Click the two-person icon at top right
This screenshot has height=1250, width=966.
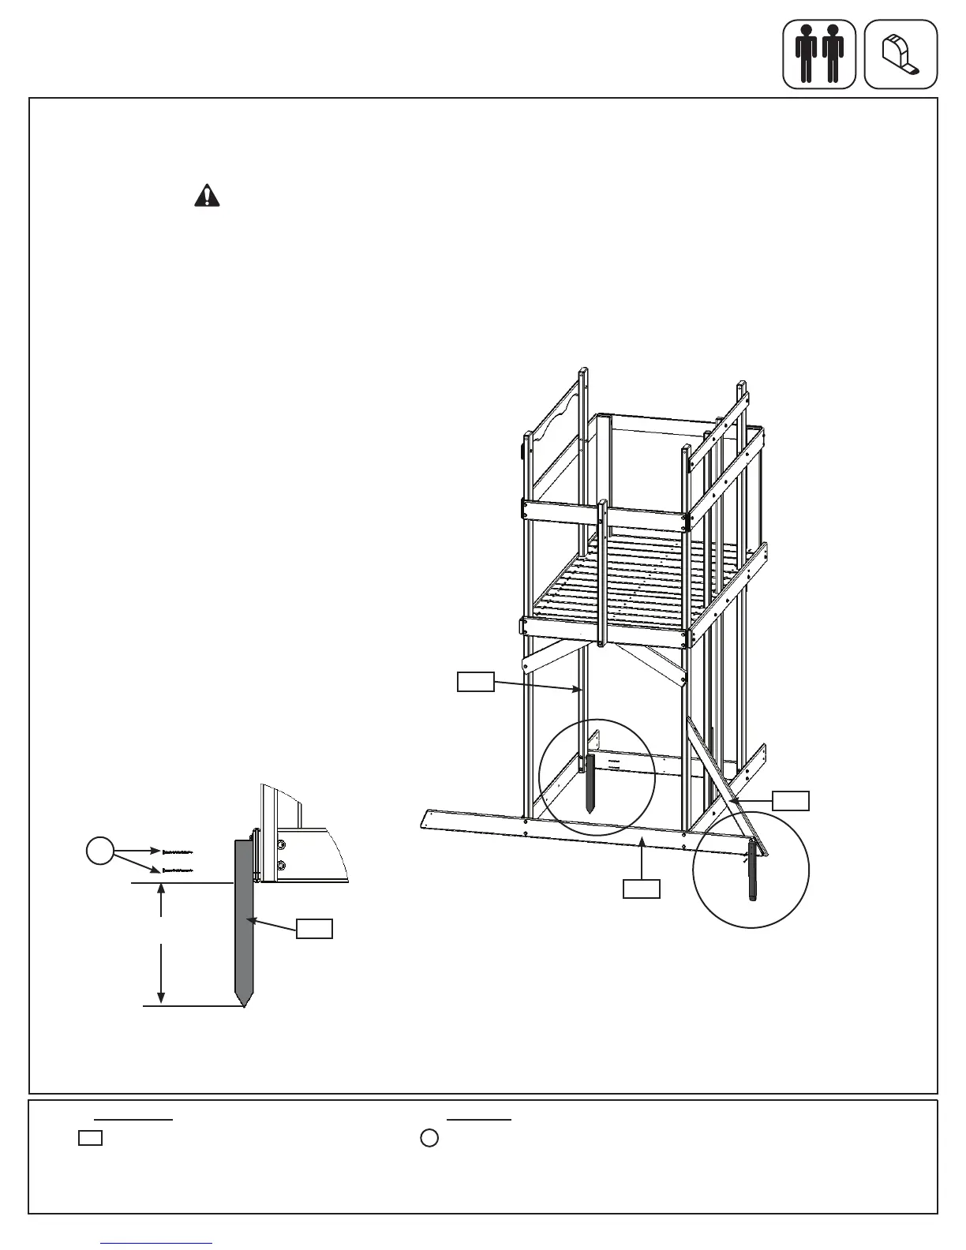point(818,54)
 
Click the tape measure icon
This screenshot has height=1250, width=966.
point(900,54)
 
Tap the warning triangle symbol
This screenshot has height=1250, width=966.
point(207,195)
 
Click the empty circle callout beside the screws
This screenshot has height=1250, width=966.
point(99,851)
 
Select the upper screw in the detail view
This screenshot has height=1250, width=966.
point(178,852)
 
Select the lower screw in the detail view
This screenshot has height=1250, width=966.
point(178,871)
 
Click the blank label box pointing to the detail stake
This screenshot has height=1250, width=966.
point(314,929)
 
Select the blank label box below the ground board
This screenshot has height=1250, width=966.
point(642,889)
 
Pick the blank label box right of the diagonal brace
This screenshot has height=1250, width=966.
point(791,800)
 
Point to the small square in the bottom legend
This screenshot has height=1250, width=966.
point(90,1139)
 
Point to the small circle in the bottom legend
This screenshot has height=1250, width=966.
point(429,1139)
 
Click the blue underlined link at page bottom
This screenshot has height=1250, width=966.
point(157,1243)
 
